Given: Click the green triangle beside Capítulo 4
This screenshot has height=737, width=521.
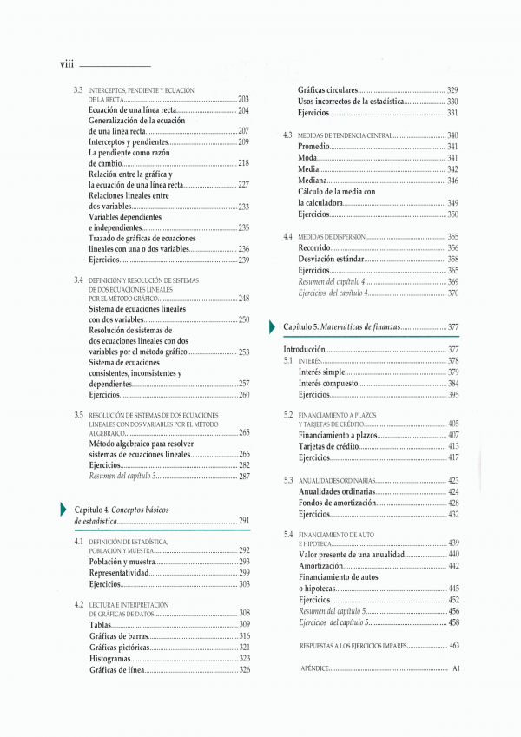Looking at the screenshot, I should point(62,509).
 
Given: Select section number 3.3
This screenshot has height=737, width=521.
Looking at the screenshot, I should point(78,90).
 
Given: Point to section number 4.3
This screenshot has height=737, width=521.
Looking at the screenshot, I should point(287,136).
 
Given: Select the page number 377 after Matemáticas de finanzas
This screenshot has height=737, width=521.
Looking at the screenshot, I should point(453,327).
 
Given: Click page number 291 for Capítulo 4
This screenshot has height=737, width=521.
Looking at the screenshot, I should point(244,521).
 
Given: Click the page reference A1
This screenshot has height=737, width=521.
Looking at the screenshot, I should point(455,669).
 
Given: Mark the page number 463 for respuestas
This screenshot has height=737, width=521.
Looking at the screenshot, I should point(453,646).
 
